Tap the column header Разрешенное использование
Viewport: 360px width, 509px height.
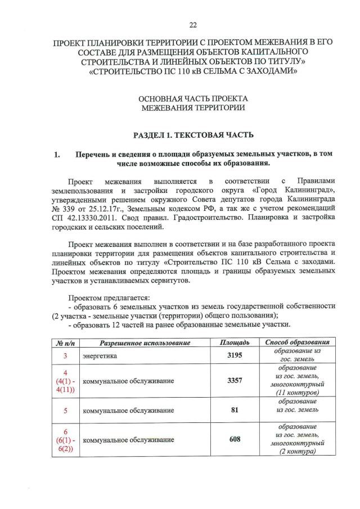[145, 343]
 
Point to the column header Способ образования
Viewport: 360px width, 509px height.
[297, 343]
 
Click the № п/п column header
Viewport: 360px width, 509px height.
[65, 343]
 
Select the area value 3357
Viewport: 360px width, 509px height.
[235, 381]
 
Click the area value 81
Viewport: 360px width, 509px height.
[235, 410]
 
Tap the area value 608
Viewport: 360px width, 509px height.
[235, 439]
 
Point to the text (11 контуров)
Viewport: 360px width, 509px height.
[297, 392]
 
